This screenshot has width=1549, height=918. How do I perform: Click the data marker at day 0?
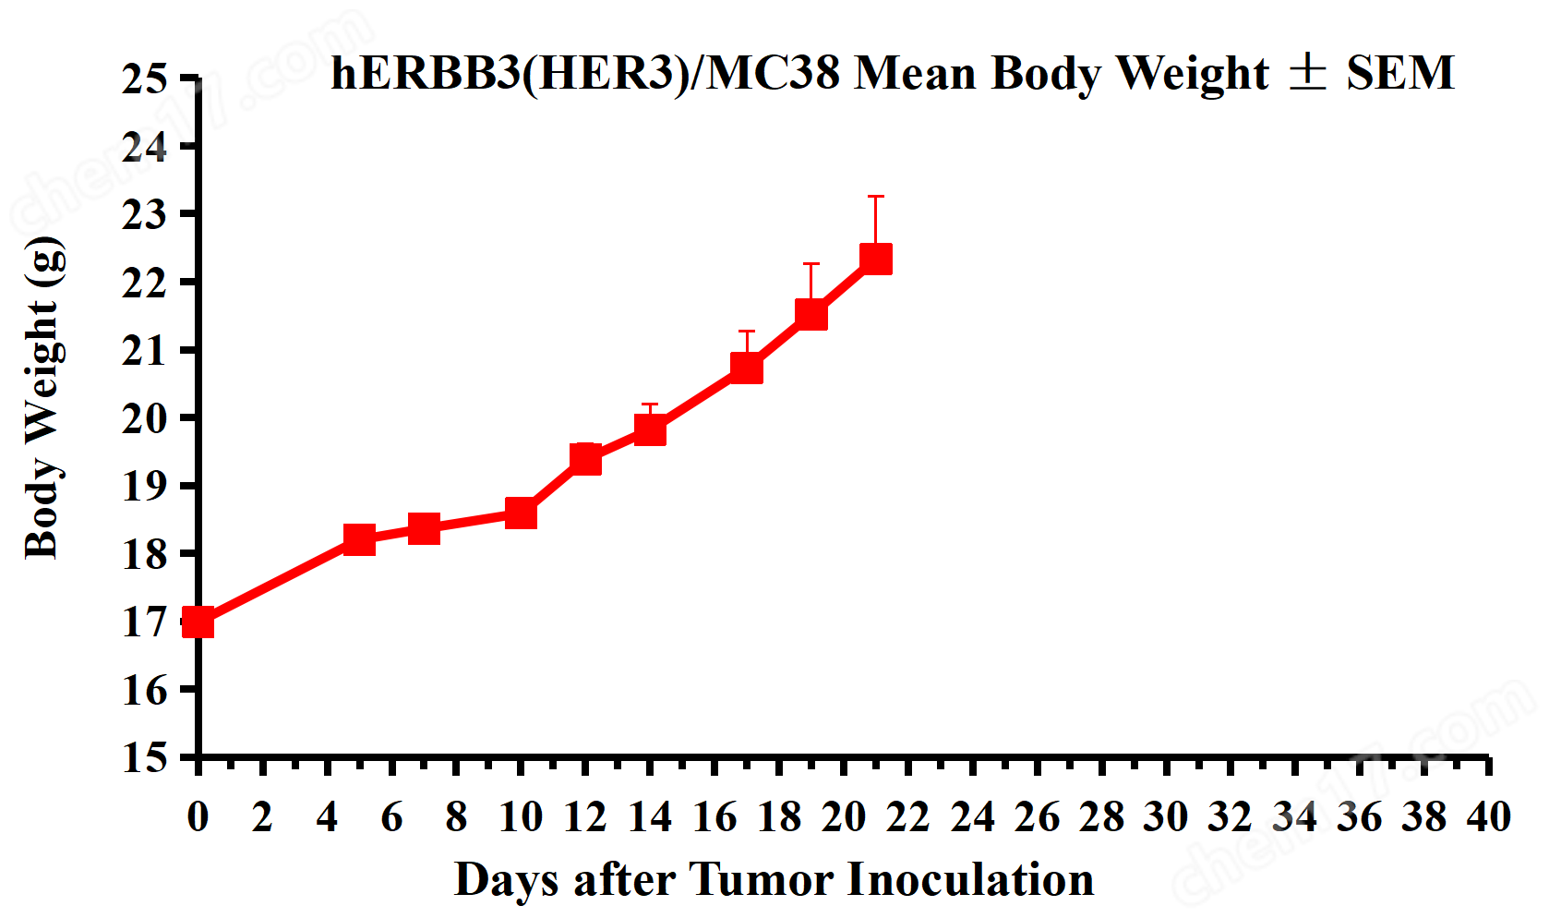pos(198,622)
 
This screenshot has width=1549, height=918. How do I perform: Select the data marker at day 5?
pos(359,539)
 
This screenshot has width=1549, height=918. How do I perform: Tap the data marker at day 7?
pos(424,528)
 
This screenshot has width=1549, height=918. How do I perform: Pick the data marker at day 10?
pos(521,513)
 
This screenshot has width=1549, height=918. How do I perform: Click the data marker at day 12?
pos(585,458)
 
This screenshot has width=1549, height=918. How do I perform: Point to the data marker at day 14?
pos(650,430)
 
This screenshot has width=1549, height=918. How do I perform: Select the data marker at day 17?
pos(747,368)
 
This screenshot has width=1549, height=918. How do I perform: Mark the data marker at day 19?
pos(811,314)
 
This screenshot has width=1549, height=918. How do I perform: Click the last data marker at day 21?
pos(876,259)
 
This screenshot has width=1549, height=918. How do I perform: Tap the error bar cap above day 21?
pos(876,197)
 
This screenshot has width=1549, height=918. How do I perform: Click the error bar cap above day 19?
pos(811,264)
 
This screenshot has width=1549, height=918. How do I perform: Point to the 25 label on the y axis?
pos(145,79)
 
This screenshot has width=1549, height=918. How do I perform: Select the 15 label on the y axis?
pos(145,758)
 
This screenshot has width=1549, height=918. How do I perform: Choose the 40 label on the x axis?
pos(1488,817)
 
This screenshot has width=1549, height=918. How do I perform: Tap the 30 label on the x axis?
pos(1165,817)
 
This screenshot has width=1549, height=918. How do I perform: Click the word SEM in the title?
pos(1399,73)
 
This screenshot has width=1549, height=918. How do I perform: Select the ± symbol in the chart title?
pos(1307,72)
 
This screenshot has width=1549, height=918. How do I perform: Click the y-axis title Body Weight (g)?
pos(43,398)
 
